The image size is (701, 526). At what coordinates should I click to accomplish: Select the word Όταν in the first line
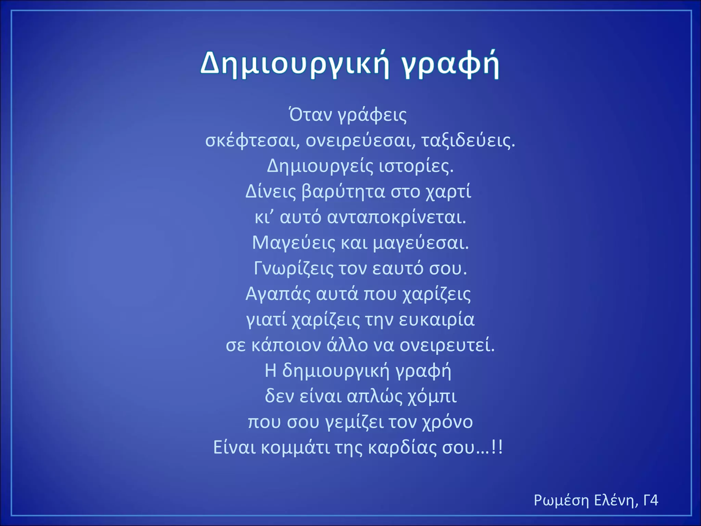pos(310,115)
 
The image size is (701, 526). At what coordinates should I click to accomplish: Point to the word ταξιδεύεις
pos(468,140)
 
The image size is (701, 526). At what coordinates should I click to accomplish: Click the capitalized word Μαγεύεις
pos(294,243)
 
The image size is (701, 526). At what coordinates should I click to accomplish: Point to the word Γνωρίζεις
pos(293,268)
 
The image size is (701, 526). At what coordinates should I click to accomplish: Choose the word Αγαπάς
pos(278,294)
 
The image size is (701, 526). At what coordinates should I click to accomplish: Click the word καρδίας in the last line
pos(402,447)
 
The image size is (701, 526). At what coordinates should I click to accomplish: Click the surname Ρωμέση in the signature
pos(561,500)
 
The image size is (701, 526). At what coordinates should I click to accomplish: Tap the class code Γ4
pos(651,500)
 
